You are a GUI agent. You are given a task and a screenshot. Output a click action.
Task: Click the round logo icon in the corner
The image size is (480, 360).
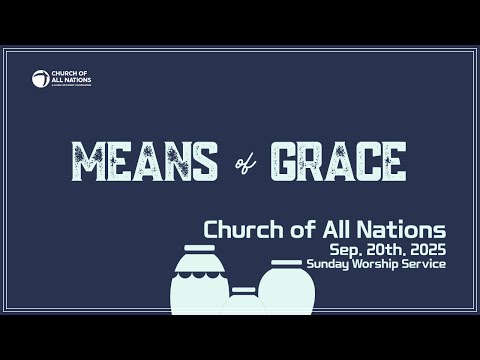[x=40, y=78]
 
